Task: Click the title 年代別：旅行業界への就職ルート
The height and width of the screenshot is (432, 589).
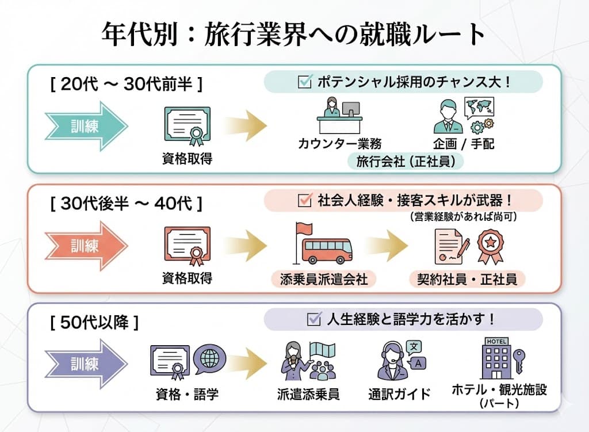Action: [x=294, y=33]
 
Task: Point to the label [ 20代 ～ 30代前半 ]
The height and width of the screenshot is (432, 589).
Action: [x=126, y=85]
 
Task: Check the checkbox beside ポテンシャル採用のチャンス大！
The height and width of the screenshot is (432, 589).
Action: [x=304, y=82]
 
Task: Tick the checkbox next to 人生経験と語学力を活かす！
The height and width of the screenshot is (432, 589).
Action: [x=313, y=319]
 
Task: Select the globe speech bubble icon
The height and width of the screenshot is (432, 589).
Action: [x=209, y=358]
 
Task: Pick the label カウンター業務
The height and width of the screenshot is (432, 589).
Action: [x=339, y=143]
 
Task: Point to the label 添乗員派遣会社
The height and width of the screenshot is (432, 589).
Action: [x=324, y=280]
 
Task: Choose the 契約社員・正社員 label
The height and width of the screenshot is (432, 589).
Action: [x=467, y=280]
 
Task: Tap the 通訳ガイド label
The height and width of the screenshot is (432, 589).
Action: [x=399, y=394]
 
